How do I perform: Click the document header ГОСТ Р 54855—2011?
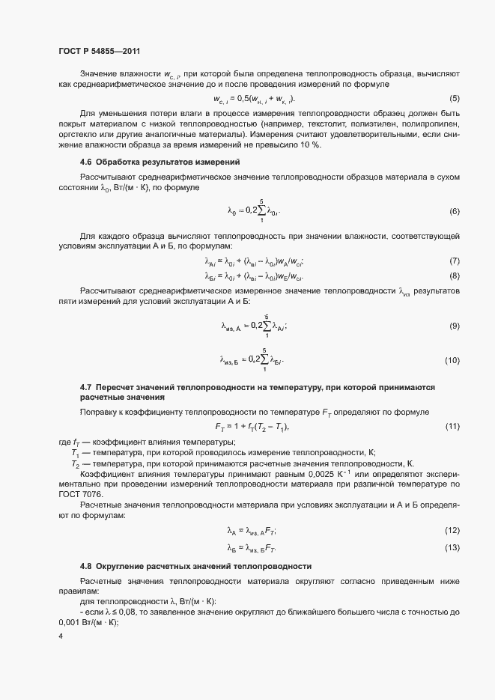click(99, 51)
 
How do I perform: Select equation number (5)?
click(454, 99)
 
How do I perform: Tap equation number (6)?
click(454, 212)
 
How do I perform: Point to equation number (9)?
click(454, 326)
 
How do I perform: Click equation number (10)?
click(452, 361)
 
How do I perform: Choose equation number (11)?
click(452, 427)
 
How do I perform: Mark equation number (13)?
click(452, 548)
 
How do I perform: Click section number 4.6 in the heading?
click(85, 162)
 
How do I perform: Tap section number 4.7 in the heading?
click(85, 387)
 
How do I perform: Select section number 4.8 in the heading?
click(85, 566)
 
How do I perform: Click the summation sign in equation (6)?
click(262, 211)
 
